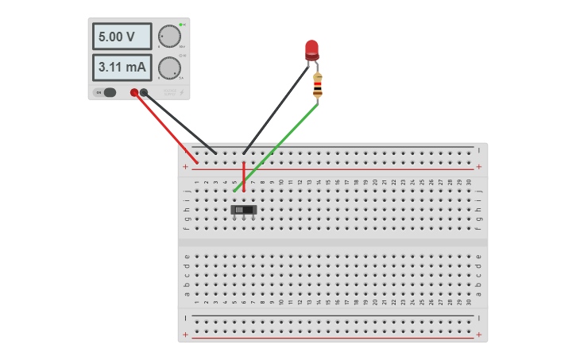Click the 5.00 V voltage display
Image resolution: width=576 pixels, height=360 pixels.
click(122, 37)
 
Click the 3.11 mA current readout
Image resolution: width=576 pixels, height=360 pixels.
click(122, 68)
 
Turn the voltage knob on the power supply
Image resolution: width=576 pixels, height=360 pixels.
click(169, 37)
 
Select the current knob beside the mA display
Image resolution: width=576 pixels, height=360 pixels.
click(169, 68)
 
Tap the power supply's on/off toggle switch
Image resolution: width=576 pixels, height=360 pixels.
click(106, 92)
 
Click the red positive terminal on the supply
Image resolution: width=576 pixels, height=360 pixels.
click(134, 92)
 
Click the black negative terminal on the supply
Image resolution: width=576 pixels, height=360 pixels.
click(144, 92)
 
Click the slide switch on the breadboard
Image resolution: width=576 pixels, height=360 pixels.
click(244, 210)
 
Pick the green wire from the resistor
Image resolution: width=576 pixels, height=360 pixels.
click(278, 147)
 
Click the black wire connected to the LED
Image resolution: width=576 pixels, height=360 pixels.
click(274, 111)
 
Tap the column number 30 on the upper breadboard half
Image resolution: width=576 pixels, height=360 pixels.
click(469, 182)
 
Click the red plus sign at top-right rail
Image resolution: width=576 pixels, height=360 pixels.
click(478, 167)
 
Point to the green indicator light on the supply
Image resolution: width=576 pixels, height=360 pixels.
click(181, 25)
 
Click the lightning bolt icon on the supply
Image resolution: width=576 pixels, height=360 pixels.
click(182, 93)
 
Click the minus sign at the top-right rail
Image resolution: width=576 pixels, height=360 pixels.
click(478, 149)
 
